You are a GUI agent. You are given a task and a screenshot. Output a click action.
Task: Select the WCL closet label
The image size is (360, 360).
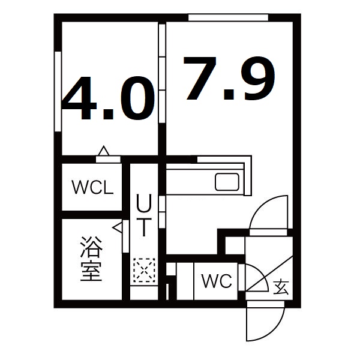pos(92,188)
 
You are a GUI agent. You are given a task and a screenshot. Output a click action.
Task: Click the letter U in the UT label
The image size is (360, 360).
pos(144,204)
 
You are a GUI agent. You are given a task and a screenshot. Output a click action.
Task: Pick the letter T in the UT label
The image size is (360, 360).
pos(144,227)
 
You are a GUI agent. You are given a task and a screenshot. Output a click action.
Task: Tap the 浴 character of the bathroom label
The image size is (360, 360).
pos(92,247)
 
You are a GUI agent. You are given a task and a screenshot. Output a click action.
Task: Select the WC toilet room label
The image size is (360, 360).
pos(216,281)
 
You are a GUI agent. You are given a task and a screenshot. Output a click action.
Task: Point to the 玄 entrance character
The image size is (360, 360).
pos(280,286)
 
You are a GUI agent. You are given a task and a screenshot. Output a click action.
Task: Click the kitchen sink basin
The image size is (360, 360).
pos(227,181)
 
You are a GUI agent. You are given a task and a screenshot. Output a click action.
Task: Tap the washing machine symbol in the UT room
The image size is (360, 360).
pos(144,270)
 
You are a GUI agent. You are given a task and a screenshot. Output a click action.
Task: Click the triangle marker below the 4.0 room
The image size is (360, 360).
pos(103,151)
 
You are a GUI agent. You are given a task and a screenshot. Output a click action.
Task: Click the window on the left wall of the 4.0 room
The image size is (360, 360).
pos(58,90)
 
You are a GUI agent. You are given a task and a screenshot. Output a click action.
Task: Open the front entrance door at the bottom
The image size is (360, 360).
pos(264,324)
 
